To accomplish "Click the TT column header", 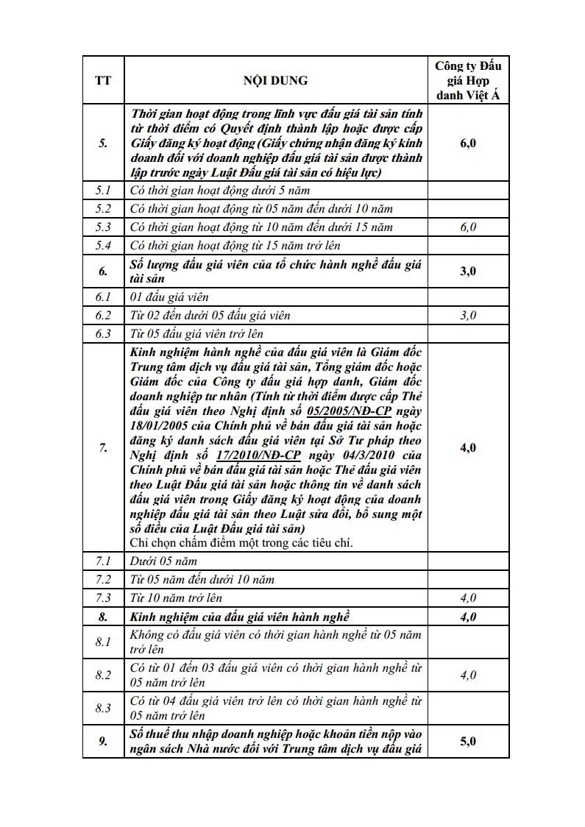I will point(103,80).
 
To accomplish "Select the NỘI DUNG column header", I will point(275,80).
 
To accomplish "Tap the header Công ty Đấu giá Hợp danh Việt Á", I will point(468,80).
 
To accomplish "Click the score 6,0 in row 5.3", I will point(468,227).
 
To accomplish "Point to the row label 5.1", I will point(103,191).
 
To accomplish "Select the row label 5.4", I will point(103,246).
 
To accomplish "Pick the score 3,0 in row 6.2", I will point(468,316).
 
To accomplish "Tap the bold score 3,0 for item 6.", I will point(468,271).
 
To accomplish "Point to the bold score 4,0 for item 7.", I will point(468,447).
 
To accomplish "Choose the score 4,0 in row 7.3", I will point(468,598).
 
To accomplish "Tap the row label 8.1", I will point(103,642).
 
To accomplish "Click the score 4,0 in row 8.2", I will point(468,675).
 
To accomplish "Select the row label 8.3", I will point(103,709).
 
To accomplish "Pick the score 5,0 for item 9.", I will point(468,741).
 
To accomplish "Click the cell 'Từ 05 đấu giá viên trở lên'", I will point(197,334).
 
